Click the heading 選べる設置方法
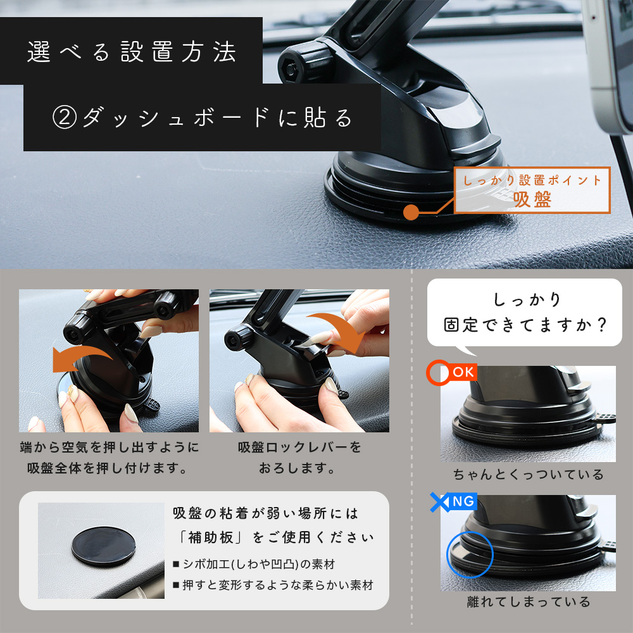pyautogui.click(x=132, y=52)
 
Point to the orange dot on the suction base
pyautogui.click(x=411, y=211)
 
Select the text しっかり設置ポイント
pyautogui.click(x=532, y=181)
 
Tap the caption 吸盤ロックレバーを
pyautogui.click(x=299, y=448)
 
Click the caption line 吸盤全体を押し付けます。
pyautogui.click(x=109, y=469)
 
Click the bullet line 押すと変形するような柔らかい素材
pyautogui.click(x=272, y=585)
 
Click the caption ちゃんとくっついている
pyautogui.click(x=528, y=474)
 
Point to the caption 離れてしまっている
pyautogui.click(x=528, y=601)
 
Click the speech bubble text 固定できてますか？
pyautogui.click(x=525, y=325)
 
